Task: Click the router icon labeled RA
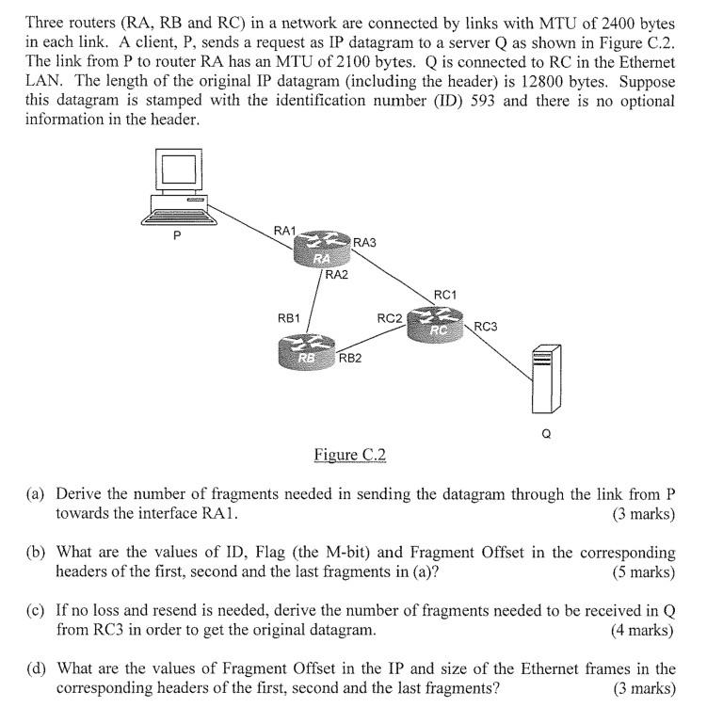click(x=322, y=250)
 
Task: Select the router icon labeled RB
click(x=307, y=352)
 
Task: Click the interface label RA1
click(x=285, y=231)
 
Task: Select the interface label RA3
click(x=364, y=243)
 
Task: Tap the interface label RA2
click(x=336, y=275)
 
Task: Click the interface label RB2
click(x=350, y=358)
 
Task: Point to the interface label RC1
click(x=444, y=295)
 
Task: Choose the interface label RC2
click(x=390, y=318)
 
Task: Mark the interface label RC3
click(x=486, y=327)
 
